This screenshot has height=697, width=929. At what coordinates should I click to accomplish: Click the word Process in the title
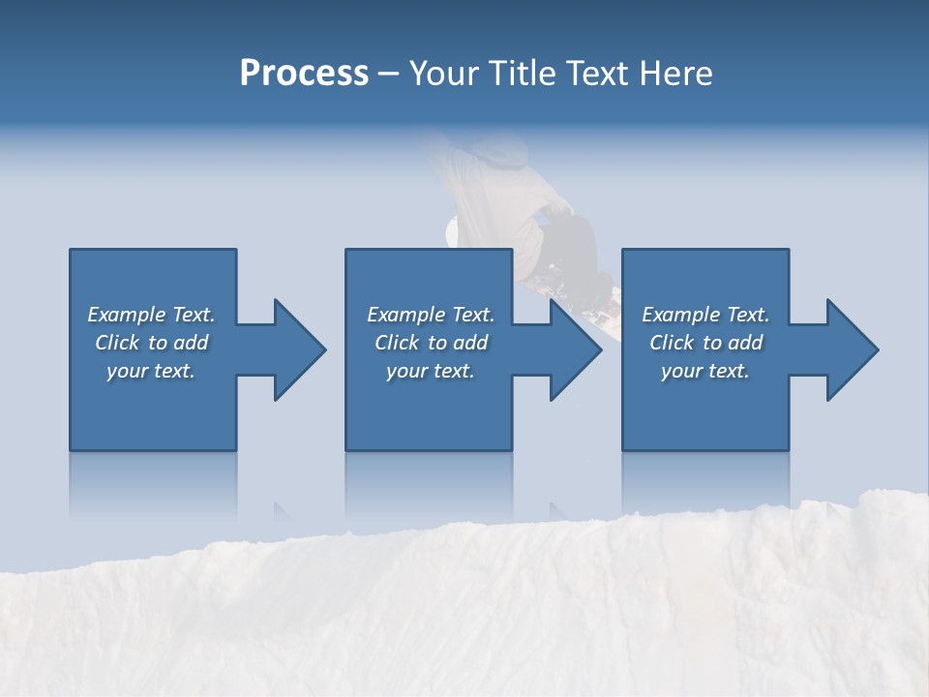304,74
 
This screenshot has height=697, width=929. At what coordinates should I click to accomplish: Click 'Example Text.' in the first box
151,315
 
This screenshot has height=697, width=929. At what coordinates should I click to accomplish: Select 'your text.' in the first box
151,371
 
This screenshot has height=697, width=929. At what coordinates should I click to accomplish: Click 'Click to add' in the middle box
431,343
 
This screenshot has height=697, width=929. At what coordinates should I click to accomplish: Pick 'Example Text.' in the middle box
431,315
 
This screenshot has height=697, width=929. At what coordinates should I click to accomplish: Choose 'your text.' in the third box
705,371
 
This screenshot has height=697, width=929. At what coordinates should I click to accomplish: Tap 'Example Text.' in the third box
705,315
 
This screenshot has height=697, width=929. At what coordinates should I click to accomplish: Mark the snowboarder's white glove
451,230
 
